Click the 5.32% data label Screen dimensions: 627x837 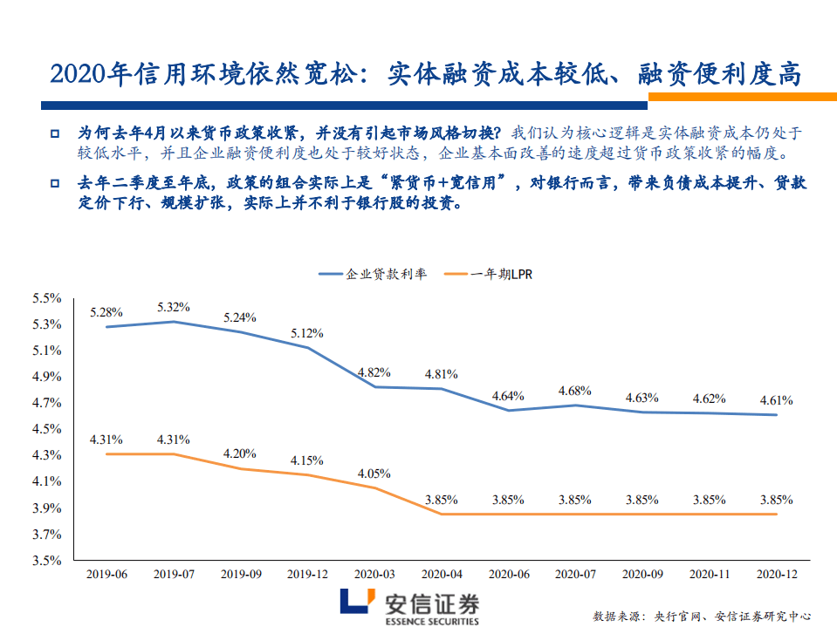(x=174, y=307)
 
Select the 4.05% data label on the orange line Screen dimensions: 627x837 (x=374, y=474)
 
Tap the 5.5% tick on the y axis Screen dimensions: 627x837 (x=46, y=298)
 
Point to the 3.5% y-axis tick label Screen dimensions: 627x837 (x=46, y=560)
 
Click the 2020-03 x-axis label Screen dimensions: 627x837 (x=374, y=575)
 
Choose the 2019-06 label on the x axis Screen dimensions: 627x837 (x=106, y=575)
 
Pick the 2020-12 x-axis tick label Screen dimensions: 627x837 (x=776, y=575)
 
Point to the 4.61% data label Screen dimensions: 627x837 (x=776, y=400)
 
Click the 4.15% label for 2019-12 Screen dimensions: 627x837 (x=307, y=460)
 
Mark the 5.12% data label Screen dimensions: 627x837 (x=307, y=333)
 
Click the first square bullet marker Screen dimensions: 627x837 (x=54, y=135)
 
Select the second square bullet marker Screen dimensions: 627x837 (x=54, y=185)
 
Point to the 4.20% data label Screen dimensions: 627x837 (x=240, y=453)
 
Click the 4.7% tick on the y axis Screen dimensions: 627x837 (x=46, y=403)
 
